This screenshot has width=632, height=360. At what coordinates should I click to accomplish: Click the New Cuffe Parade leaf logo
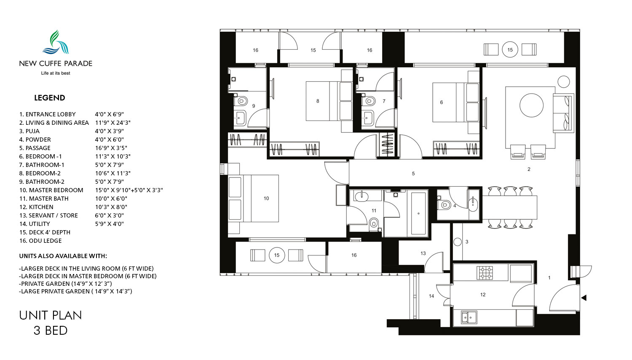(56, 42)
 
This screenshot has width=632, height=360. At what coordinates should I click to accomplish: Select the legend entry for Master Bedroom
(51, 190)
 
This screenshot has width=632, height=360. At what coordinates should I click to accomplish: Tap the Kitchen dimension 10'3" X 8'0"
(111, 207)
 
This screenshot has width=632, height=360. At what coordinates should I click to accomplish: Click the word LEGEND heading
(50, 98)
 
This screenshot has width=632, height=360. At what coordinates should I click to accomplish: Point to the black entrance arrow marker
(584, 298)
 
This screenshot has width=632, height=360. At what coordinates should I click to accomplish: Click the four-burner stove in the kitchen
(485, 272)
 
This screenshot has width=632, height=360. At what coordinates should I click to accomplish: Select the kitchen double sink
(469, 317)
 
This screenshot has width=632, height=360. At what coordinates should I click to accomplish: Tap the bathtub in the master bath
(418, 213)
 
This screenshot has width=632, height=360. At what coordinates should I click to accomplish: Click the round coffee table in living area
(531, 105)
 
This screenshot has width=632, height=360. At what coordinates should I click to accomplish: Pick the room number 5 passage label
(413, 174)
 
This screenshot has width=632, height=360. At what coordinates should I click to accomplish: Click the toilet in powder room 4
(444, 204)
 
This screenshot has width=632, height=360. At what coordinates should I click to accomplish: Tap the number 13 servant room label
(423, 253)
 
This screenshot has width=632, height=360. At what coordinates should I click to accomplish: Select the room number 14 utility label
(431, 296)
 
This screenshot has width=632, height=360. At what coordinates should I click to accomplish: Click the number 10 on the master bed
(266, 199)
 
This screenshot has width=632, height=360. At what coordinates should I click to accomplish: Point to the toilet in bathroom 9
(241, 100)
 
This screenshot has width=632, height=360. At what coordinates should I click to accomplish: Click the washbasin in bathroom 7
(368, 117)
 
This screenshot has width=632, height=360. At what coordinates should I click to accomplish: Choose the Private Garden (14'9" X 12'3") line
(65, 283)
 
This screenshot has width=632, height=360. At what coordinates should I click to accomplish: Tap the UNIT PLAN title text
(51, 315)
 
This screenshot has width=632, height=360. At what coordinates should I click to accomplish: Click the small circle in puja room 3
(457, 242)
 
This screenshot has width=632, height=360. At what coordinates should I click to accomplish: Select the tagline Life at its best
(56, 73)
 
